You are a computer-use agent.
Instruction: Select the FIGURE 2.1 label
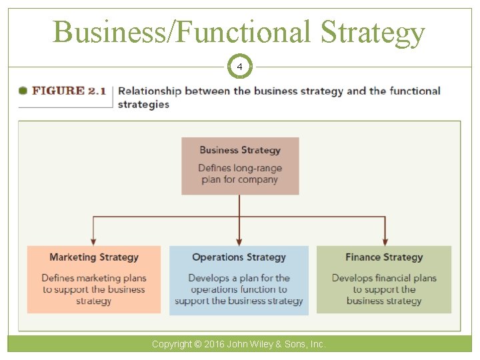pyautogui.click(x=69, y=91)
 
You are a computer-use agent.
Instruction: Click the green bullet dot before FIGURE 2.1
pyautogui.click(x=23, y=91)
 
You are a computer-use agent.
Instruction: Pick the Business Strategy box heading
pyautogui.click(x=240, y=150)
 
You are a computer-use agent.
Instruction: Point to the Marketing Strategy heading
pyautogui.click(x=94, y=257)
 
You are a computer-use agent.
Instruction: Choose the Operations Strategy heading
pyautogui.click(x=239, y=257)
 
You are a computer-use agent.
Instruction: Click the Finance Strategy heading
pyautogui.click(x=384, y=257)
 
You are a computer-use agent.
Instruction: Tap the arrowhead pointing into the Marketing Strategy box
pyautogui.click(x=94, y=241)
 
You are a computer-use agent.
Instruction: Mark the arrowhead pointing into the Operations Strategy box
pyautogui.click(x=239, y=241)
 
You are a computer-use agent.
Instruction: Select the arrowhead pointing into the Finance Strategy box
pyautogui.click(x=385, y=241)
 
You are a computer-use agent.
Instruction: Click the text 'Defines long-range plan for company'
pyautogui.click(x=240, y=173)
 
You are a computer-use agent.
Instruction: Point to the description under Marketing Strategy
pyautogui.click(x=94, y=289)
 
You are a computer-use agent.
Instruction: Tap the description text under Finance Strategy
pyautogui.click(x=384, y=289)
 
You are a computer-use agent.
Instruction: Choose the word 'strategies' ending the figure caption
pyautogui.click(x=143, y=104)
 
